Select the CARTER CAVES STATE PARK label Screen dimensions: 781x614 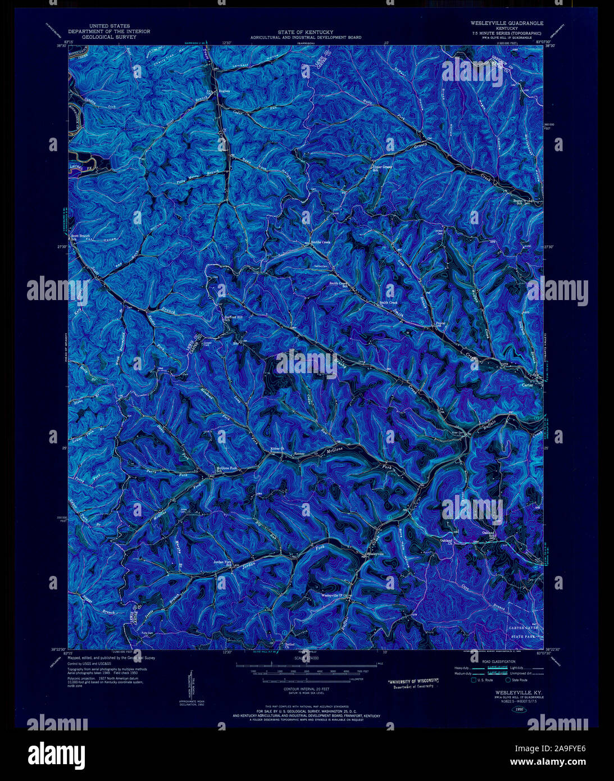[x=524, y=632]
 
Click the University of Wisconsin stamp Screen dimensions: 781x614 [x=414, y=683]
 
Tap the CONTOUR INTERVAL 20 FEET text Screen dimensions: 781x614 [x=306, y=688]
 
